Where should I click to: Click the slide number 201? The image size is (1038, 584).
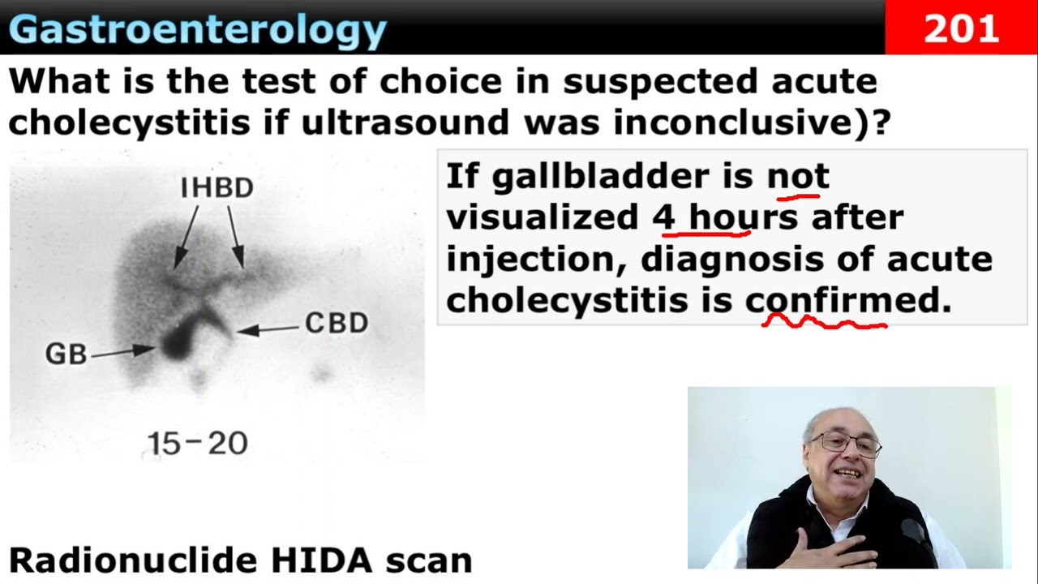coord(961,28)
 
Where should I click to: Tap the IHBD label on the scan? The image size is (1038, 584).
coord(217,187)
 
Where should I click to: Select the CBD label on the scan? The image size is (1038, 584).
coord(337,323)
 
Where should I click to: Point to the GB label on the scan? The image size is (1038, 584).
coord(66,354)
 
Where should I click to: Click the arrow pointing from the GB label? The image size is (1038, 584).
coord(122,352)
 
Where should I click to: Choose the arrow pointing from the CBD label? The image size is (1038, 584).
coord(268,329)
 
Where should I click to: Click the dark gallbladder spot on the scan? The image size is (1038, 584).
coord(178,341)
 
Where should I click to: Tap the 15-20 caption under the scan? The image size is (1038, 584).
coord(197,444)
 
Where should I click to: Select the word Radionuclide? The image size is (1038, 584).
coord(134,560)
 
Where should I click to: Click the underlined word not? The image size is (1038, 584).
coord(799,176)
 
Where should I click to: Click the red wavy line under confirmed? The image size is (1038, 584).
coord(825,323)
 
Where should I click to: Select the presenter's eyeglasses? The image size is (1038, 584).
coord(845,443)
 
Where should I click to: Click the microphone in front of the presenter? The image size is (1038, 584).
coord(916,540)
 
